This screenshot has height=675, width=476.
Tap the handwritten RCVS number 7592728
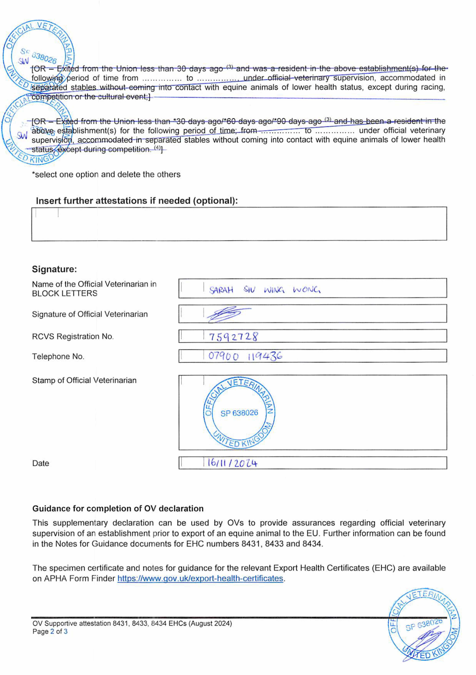233,336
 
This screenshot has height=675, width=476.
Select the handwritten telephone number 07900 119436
245,356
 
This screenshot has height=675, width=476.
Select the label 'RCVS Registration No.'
73,336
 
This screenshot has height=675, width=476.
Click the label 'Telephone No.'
58,356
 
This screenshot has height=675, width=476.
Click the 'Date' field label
41,463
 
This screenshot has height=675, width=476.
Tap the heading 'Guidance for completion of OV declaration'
118,509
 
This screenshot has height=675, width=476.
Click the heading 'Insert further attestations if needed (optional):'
137,201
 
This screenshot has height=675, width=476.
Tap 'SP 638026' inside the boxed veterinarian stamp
239,413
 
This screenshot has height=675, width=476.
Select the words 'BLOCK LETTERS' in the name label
65,293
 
